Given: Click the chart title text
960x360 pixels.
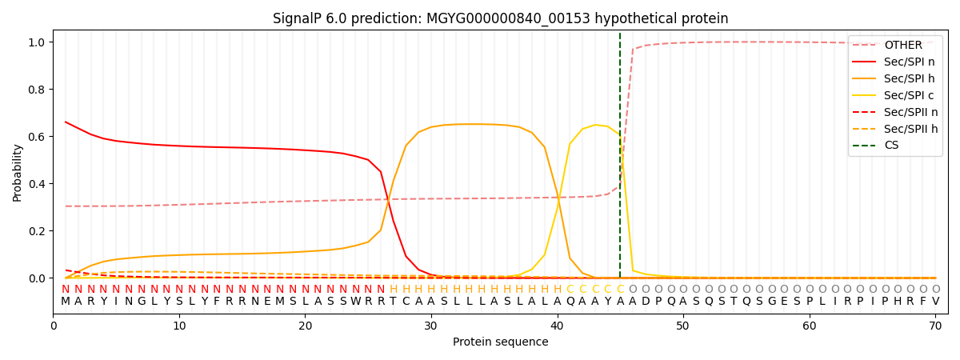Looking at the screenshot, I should tap(500, 18).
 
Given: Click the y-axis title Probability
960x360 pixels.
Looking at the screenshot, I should tap(18, 173).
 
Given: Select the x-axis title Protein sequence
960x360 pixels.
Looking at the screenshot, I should tap(500, 342).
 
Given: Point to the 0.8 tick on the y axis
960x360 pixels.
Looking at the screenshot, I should tap(36, 90).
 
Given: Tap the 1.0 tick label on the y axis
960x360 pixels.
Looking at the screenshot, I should tap(36, 42).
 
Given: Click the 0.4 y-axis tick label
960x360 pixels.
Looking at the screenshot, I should tap(36, 184).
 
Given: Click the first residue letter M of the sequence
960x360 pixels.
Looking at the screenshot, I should tap(66, 302).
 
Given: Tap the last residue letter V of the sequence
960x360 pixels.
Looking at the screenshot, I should tap(935, 302).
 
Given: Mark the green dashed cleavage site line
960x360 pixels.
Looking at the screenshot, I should tap(620, 160).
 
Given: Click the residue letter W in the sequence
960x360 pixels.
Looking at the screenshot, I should tap(355, 302).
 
